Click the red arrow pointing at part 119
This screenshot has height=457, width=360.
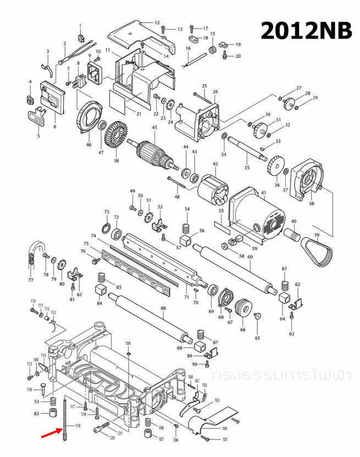(x=52, y=434)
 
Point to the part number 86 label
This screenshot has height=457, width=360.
(x=163, y=309)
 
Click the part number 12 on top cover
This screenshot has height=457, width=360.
(x=157, y=23)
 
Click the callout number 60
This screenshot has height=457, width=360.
(x=250, y=257)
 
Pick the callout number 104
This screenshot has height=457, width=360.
(x=224, y=427)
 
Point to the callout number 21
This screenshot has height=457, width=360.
(x=139, y=114)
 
